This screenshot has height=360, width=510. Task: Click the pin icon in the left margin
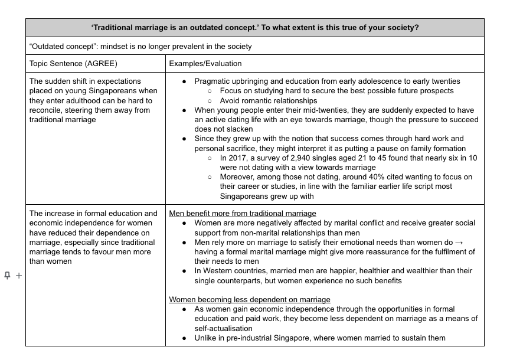coord(7,276)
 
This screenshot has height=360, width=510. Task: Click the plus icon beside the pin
coord(18,276)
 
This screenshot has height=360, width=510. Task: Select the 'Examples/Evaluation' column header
coord(205,64)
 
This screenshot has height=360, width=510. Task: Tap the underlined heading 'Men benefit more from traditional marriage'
coord(243,213)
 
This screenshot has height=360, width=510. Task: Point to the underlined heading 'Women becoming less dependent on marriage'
coord(250,300)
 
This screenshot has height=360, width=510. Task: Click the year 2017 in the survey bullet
coord(237,158)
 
